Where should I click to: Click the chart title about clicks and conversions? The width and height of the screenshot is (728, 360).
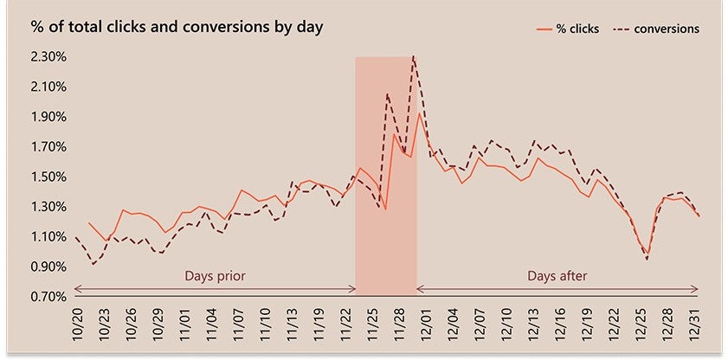[177, 27]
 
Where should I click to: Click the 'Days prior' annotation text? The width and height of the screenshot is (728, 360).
[215, 277]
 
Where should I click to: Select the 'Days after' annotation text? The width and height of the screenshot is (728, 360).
[557, 277]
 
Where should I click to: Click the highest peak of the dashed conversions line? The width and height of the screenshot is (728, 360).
[414, 56]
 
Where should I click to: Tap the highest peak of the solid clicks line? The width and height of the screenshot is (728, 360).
[420, 113]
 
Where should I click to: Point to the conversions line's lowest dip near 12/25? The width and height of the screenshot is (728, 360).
[646, 259]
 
